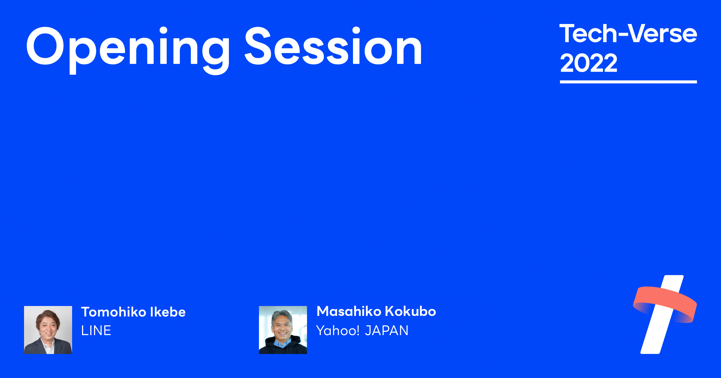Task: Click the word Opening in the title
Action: click(128, 48)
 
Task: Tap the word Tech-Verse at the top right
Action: click(628, 34)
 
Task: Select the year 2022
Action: click(589, 63)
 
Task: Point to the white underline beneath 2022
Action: click(628, 82)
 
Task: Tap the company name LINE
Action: click(96, 331)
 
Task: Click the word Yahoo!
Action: click(338, 331)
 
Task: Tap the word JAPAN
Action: click(387, 331)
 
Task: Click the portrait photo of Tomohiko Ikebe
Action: click(48, 330)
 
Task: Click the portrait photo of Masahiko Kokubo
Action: click(283, 330)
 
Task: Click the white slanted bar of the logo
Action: click(655, 339)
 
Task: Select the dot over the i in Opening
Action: click(163, 30)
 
